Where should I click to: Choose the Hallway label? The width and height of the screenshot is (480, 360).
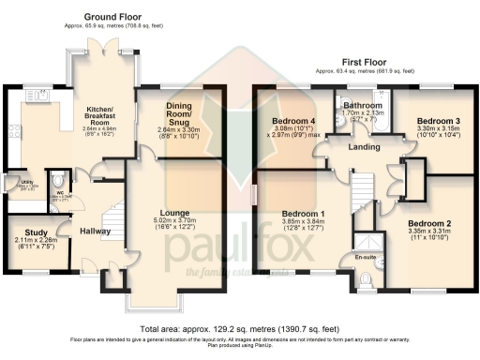coord(95,231)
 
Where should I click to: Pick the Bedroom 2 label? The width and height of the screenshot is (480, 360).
coord(429,224)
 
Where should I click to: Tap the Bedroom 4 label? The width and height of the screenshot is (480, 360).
coord(293,121)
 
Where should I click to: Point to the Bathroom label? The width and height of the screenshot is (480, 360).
coord(362,106)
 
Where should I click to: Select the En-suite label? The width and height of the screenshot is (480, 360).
coord(364,255)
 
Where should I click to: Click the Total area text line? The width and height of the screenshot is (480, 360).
coord(240,329)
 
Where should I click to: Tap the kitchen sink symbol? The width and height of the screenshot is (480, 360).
coord(38,94)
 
